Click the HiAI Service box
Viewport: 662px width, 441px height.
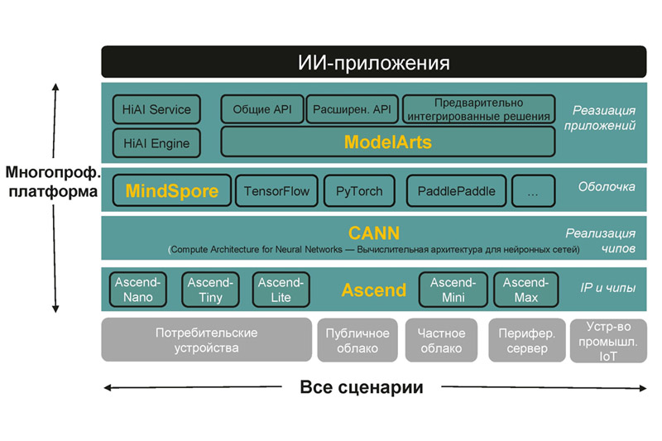point(156,109)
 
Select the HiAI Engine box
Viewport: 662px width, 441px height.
point(156,143)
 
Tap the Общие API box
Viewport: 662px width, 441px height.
point(262,109)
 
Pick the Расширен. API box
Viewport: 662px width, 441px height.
point(352,109)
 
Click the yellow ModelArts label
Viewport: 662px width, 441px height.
point(388,142)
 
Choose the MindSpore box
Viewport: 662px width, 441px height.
point(172,191)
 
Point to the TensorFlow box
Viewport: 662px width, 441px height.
point(276,191)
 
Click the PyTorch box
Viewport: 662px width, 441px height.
point(359,191)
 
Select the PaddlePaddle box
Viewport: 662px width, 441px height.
point(457,191)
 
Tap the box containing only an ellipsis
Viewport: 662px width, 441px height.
point(533,191)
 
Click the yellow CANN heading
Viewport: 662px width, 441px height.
point(374,233)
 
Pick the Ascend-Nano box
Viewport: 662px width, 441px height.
point(138,290)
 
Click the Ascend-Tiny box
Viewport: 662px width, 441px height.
point(210,290)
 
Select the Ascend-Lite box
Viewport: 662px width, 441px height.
point(281,290)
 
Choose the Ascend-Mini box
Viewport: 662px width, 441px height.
point(453,290)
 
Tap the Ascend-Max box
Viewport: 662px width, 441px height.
point(525,290)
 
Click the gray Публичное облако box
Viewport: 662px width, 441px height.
point(357,340)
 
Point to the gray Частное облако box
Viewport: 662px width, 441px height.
point(441,340)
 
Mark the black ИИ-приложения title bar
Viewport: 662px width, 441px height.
point(374,61)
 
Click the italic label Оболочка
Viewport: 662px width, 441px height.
point(607,186)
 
